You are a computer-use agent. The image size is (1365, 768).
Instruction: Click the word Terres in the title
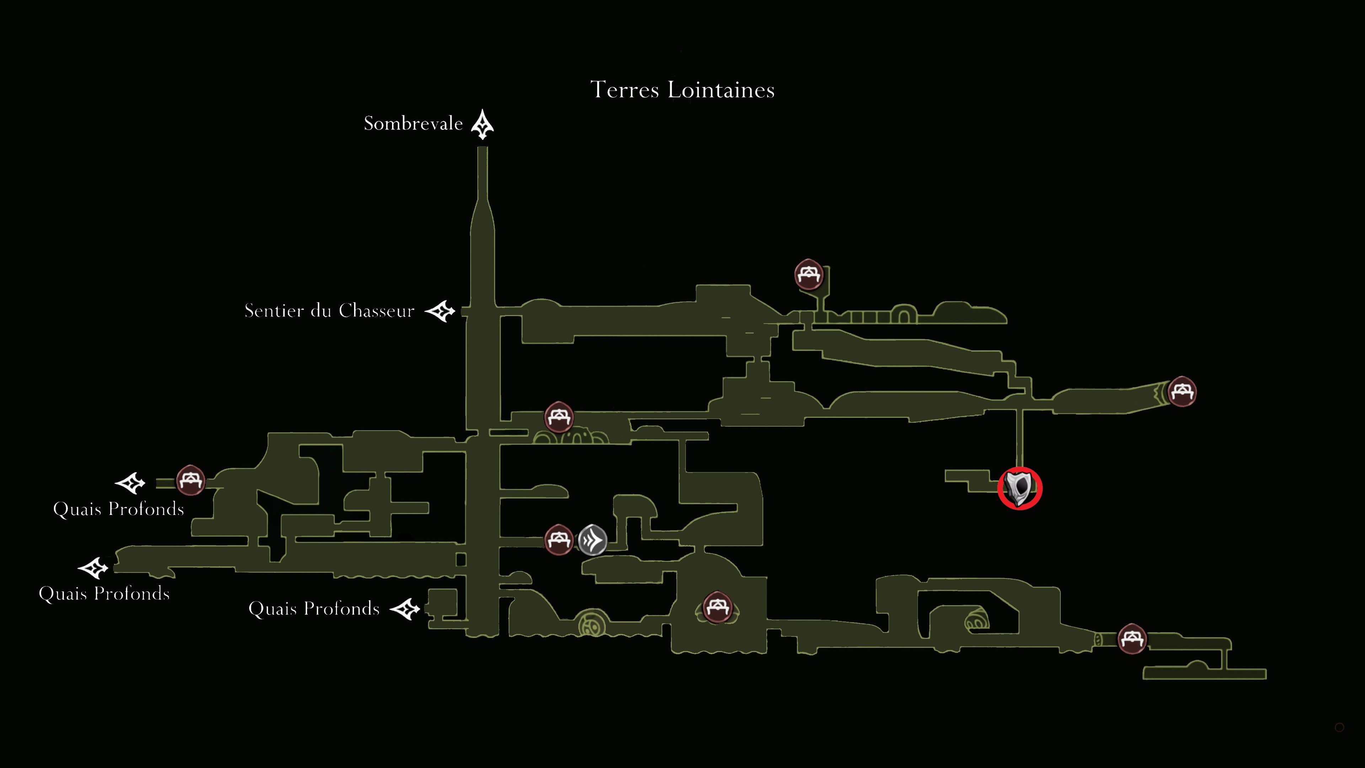tap(625, 90)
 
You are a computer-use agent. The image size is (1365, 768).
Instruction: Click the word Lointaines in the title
tap(721, 90)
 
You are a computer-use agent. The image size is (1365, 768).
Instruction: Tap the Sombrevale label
tap(413, 123)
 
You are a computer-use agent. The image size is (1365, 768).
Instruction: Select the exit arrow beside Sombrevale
tap(482, 124)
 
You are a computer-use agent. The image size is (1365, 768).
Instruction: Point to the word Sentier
tap(274, 311)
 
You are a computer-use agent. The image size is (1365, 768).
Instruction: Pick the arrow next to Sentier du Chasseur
tap(440, 311)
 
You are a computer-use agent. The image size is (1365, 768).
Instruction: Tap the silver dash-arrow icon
tap(593, 540)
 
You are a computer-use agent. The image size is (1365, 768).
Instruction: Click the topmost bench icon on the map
tap(809, 274)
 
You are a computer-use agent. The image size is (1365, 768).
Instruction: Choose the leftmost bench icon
tap(191, 480)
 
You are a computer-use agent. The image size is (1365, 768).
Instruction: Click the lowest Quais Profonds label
tap(314, 608)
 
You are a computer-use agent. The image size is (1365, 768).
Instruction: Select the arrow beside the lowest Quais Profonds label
tap(405, 609)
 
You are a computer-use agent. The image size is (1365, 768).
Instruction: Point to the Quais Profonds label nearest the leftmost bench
tap(119, 509)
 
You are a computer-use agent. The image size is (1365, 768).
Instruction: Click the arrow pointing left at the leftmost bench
tap(130, 483)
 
